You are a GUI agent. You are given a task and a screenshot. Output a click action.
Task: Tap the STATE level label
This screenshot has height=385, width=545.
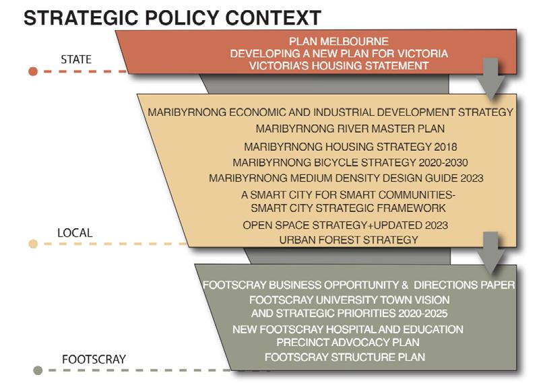tap(75, 59)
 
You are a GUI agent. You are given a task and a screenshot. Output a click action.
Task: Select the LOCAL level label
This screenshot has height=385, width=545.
tap(75, 233)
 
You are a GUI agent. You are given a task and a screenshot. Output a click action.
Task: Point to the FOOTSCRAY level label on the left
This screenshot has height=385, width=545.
tap(94, 359)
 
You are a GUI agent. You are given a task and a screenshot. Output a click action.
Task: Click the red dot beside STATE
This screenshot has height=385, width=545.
tap(33, 71)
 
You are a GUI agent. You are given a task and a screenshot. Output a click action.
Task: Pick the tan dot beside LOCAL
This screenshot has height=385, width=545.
tap(33, 244)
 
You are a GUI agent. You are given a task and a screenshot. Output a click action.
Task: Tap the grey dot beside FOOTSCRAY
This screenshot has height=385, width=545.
tap(38, 370)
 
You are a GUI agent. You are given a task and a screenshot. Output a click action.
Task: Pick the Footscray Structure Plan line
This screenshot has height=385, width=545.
tap(345, 357)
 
